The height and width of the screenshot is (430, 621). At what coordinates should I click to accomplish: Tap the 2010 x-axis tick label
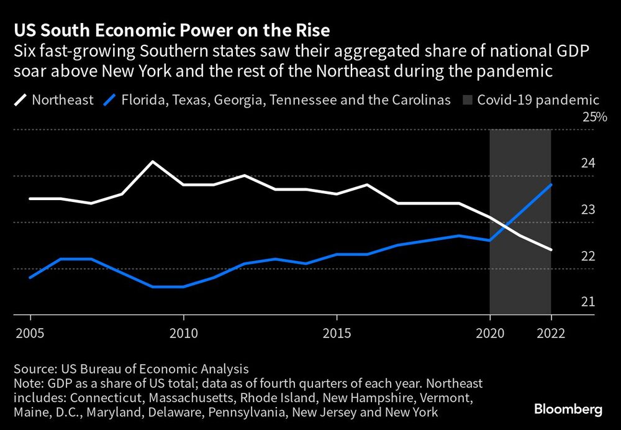coord(183,333)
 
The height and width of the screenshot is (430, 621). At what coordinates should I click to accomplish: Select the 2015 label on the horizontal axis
coord(336,333)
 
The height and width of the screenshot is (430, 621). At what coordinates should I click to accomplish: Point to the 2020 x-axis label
coord(490,333)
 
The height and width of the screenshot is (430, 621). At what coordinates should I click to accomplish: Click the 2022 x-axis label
coord(551,333)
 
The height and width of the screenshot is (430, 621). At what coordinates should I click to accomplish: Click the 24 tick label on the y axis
coord(588,163)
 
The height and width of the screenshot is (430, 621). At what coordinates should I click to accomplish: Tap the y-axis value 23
coord(588,209)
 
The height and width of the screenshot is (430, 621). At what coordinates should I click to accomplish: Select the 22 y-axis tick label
coord(588,255)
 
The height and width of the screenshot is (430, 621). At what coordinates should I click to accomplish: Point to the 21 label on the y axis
coord(588,301)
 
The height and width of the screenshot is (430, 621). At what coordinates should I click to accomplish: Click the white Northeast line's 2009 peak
coord(152,162)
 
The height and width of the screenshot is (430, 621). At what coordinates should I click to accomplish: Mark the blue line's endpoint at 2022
coord(551,185)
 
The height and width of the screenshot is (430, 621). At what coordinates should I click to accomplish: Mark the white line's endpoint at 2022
coord(551,250)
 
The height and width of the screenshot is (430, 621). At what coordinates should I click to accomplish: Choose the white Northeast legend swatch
coord(20,99)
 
